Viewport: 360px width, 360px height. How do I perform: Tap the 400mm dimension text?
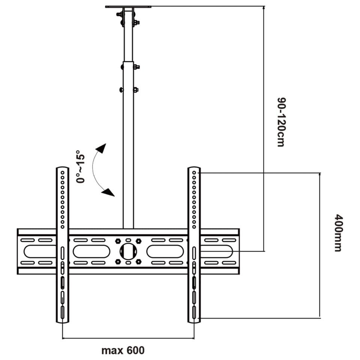click(338, 232)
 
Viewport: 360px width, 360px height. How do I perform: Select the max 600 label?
click(123, 351)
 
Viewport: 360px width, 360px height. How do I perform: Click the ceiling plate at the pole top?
click(128, 7)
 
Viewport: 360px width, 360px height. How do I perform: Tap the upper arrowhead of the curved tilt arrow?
click(101, 147)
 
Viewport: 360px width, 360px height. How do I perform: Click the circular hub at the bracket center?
click(128, 251)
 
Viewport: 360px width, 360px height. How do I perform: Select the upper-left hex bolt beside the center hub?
click(118, 241)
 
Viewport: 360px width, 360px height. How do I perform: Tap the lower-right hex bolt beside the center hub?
click(139, 261)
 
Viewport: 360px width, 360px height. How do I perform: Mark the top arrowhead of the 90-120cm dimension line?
click(264, 8)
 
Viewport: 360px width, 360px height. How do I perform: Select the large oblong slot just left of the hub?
click(91, 251)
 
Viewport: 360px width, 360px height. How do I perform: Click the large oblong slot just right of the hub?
click(165, 251)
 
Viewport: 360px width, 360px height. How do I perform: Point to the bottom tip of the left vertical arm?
click(62, 321)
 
